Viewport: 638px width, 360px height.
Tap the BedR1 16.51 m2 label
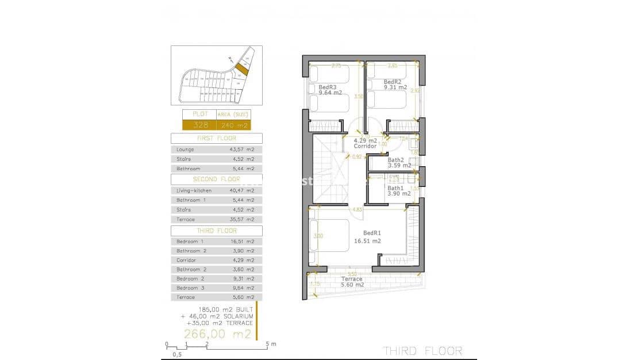tap(368, 237)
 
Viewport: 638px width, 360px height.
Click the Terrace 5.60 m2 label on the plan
tap(351, 282)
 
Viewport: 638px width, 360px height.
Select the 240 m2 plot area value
tap(233, 125)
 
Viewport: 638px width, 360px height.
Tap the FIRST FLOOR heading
tap(217, 139)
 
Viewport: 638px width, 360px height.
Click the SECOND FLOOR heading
tap(217, 179)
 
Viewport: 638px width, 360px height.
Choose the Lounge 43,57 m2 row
tap(217, 150)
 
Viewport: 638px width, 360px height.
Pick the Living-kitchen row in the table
tap(217, 190)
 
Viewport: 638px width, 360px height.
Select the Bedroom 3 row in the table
tap(217, 288)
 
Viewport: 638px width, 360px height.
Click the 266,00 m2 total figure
tap(217, 334)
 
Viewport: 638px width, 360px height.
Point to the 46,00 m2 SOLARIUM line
tap(216, 316)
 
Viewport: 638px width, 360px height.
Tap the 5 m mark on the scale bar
tap(267, 344)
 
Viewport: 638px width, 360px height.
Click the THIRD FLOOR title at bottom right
tap(422, 350)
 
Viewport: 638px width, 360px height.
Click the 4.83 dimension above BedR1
tap(357, 209)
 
